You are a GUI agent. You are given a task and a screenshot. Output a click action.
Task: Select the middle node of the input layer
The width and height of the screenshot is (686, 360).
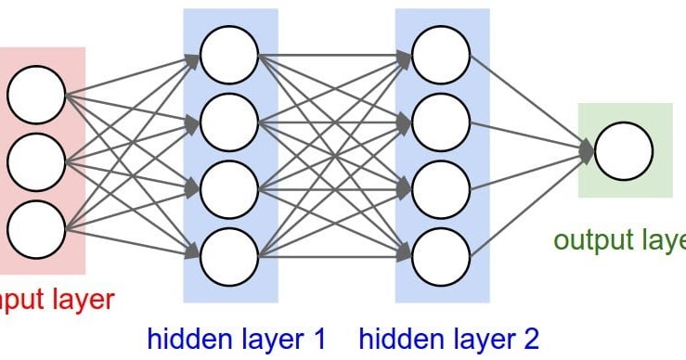click(37, 162)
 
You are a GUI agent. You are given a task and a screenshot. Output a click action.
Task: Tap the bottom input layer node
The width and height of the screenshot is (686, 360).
click(37, 228)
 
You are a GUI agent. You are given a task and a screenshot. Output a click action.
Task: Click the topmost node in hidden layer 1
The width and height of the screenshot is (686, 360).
click(229, 54)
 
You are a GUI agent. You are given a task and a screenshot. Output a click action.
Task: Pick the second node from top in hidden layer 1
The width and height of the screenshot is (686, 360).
click(229, 122)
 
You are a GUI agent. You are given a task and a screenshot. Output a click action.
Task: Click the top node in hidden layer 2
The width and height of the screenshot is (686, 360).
click(441, 54)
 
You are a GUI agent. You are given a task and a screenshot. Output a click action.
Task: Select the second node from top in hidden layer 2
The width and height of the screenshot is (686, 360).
click(441, 122)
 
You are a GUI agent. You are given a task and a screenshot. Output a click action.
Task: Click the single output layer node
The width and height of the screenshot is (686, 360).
click(624, 152)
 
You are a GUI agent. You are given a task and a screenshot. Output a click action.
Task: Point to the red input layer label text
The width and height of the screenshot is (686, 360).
click(56, 299)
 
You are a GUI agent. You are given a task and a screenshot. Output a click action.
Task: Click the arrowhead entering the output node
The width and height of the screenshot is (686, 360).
click(587, 152)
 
